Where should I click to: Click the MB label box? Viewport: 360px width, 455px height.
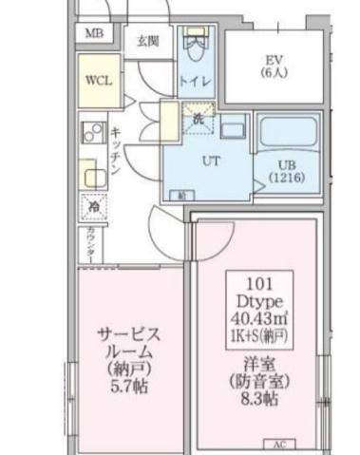point(94,34)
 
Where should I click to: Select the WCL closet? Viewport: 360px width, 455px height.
point(99,81)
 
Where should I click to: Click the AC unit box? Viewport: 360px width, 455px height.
point(279,444)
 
